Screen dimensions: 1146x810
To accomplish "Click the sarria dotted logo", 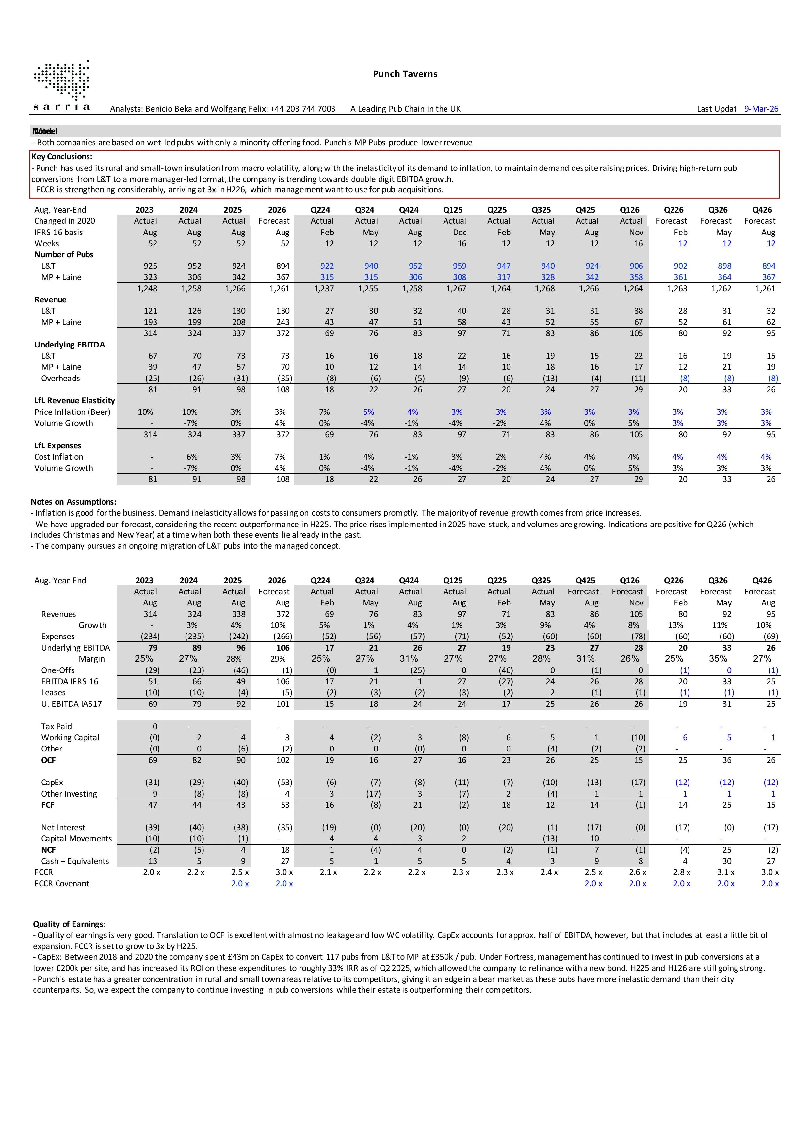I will click(62, 85).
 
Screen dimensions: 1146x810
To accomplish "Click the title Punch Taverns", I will click(405, 74).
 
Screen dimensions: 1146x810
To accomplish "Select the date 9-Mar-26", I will click(761, 109).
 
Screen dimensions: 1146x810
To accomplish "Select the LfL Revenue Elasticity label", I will click(74, 400).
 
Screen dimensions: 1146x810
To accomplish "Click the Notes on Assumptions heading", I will click(73, 502).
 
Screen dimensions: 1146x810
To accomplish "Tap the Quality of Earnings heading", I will click(69, 924).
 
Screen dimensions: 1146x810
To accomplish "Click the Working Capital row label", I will click(70, 738).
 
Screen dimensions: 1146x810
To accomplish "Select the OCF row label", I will click(48, 760).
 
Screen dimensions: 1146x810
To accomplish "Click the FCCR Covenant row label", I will click(61, 883).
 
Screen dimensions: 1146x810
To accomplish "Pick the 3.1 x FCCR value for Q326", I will click(726, 872).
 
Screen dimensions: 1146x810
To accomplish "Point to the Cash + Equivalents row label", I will click(75, 861).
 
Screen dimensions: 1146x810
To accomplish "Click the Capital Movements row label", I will click(76, 839).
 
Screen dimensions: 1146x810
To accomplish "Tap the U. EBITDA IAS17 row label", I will click(72, 704).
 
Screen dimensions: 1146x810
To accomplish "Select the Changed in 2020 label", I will click(64, 221).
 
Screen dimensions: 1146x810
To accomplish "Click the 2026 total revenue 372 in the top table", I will click(283, 333).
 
